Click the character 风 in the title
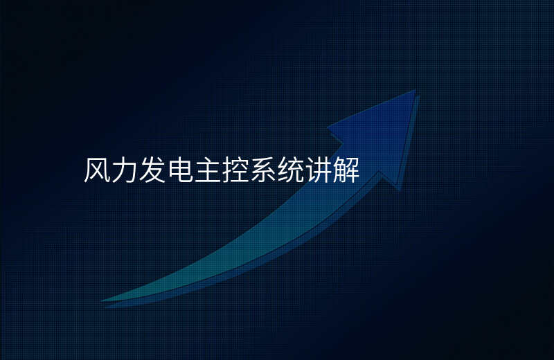click(97, 170)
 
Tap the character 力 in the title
click(125, 170)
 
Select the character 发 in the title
click(152, 170)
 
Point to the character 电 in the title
click(180, 170)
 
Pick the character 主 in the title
click(207, 170)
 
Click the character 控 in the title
click(235, 170)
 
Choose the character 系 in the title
click(262, 170)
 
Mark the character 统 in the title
click(290, 170)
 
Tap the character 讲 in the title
click(318, 170)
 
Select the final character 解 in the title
click(346, 170)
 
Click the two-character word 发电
click(166, 170)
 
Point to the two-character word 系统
click(276, 170)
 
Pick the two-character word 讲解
click(332, 170)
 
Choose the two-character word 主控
click(221, 170)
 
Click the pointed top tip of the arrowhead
click(415, 91)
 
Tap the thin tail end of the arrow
click(102, 301)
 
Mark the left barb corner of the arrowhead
click(328, 127)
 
